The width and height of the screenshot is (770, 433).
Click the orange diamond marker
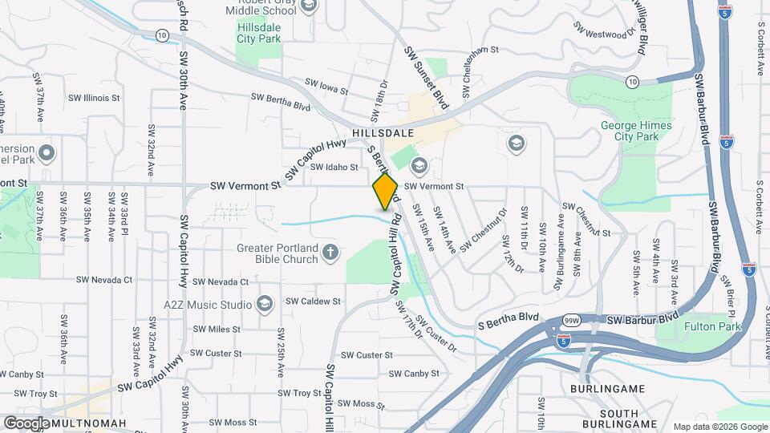click(x=386, y=191)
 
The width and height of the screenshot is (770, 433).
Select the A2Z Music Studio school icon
click(x=265, y=304)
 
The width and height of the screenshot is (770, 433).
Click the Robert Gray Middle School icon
click(x=310, y=5)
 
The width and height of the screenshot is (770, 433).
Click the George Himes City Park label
click(x=630, y=131)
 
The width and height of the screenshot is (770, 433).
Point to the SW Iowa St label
click(x=326, y=86)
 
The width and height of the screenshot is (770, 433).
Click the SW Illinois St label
click(x=94, y=99)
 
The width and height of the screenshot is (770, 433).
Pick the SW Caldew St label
click(x=314, y=301)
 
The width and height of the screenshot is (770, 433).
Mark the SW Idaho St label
click(x=334, y=167)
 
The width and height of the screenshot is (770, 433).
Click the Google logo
click(x=26, y=423)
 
